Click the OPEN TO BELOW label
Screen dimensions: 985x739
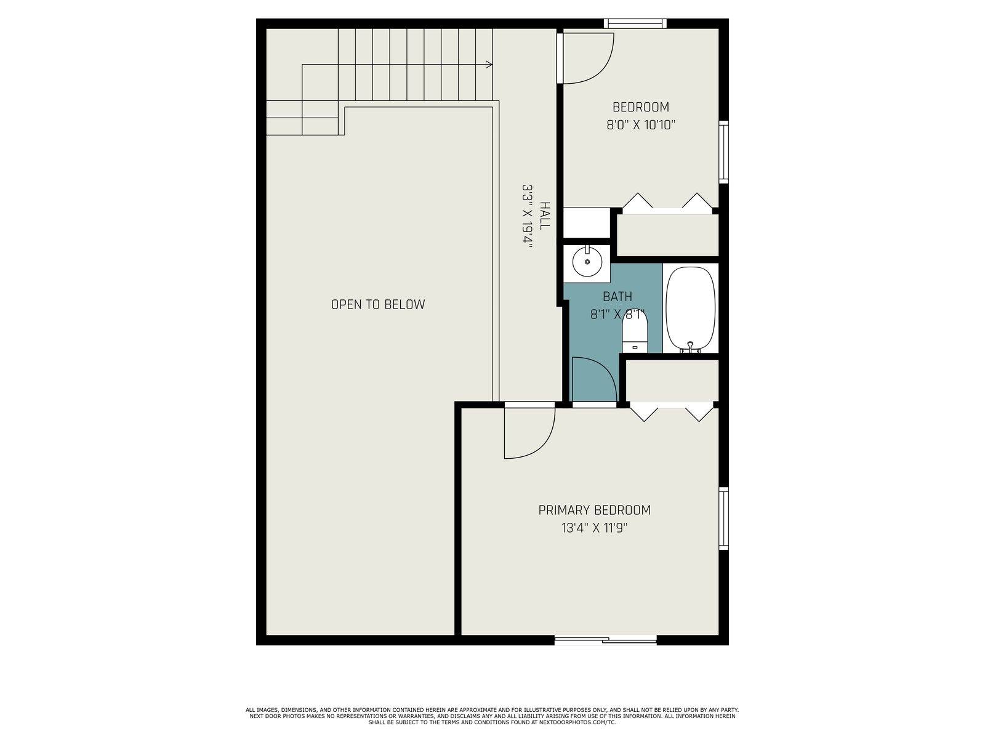[378, 304]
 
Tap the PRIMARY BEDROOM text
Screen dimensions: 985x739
[594, 510]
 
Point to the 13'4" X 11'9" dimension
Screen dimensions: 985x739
[594, 528]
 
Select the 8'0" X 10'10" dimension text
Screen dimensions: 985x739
[641, 124]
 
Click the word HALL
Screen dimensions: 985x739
[544, 216]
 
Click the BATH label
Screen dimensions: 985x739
[617, 296]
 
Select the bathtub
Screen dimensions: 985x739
[690, 309]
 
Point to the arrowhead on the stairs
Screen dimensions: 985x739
[489, 65]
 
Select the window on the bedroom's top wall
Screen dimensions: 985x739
[635, 23]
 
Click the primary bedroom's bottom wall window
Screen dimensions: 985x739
[605, 640]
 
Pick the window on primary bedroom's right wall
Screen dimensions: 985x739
[723, 519]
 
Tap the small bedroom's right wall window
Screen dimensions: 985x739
[723, 151]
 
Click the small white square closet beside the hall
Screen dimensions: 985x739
[587, 222]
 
